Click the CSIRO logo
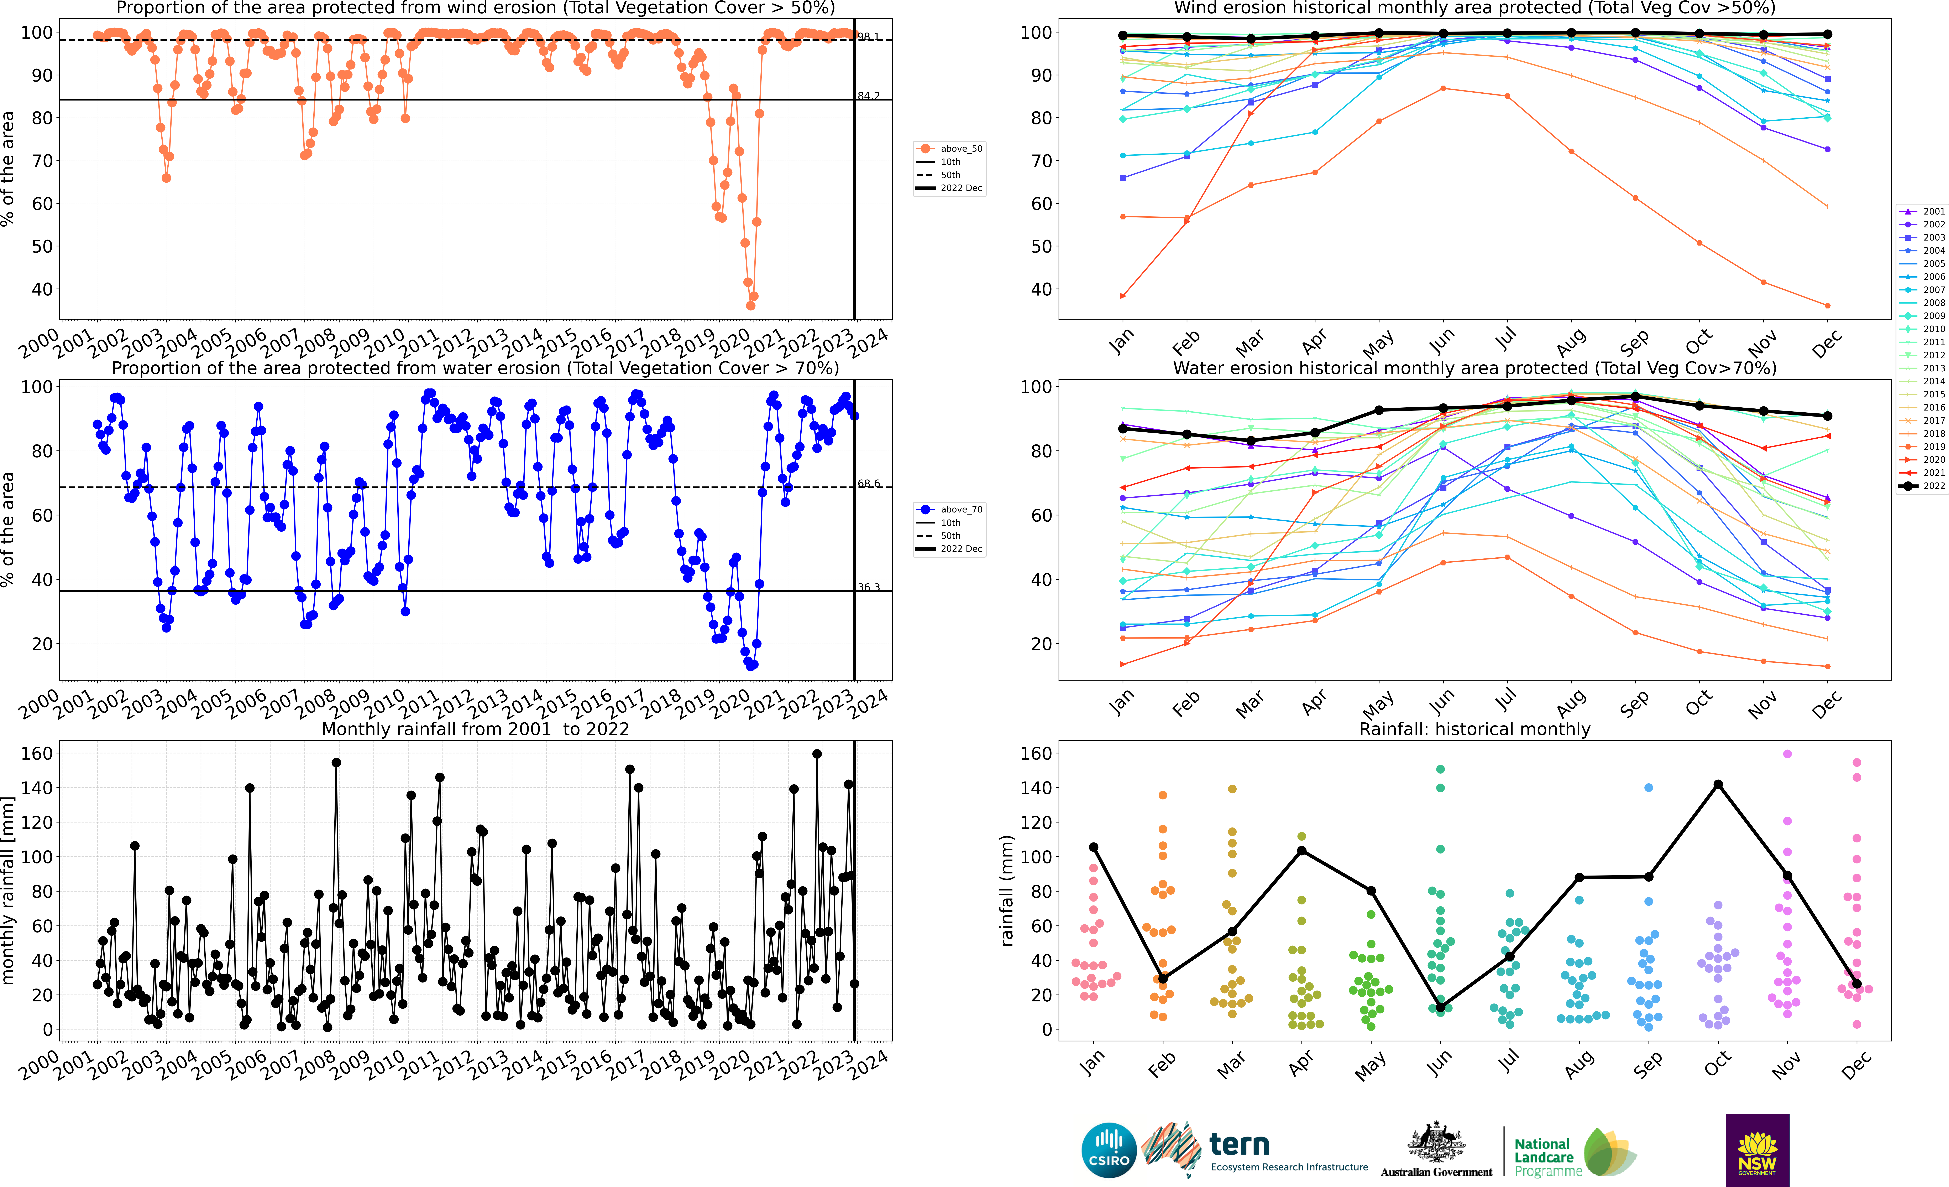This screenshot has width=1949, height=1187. tap(1108, 1150)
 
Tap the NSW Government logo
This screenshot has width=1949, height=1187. tap(1757, 1150)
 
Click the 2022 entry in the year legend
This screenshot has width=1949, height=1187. tap(1922, 486)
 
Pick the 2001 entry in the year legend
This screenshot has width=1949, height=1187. tap(1922, 211)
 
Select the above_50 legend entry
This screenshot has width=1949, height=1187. tap(951, 149)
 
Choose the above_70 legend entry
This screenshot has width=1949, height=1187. tap(951, 510)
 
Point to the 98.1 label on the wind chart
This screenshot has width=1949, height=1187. tap(869, 36)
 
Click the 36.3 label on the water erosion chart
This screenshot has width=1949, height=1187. tap(869, 587)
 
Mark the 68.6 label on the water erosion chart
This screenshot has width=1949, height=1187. tap(869, 484)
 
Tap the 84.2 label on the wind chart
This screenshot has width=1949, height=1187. tap(869, 96)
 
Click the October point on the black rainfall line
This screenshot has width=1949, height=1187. tap(1718, 784)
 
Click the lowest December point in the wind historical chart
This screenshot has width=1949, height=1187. tap(1827, 305)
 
